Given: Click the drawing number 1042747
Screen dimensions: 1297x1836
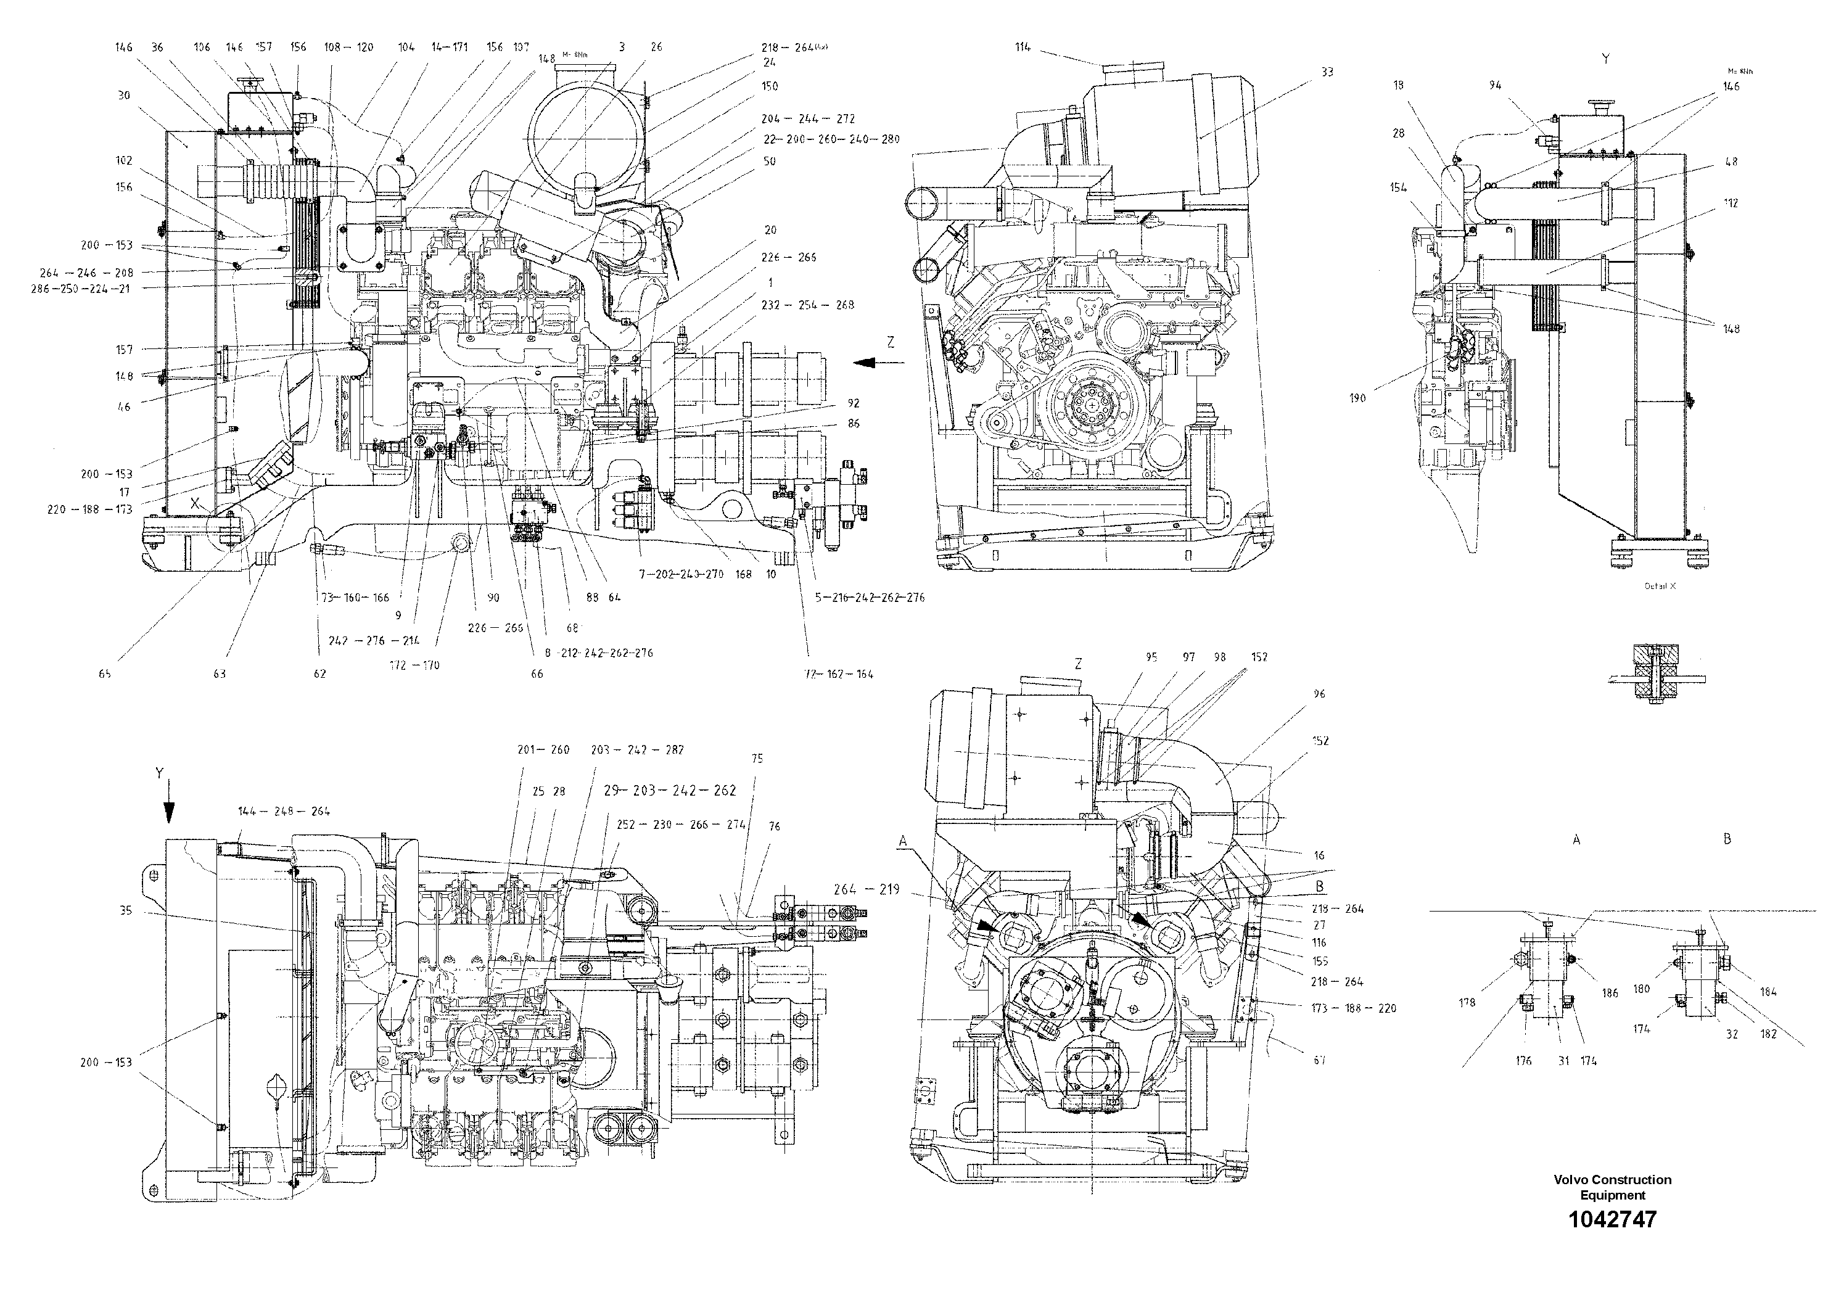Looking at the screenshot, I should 1612,1219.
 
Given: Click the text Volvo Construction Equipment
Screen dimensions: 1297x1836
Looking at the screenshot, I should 1612,1187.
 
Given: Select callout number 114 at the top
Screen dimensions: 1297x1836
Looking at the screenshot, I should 1023,47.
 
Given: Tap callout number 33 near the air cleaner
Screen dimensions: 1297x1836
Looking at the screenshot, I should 1327,72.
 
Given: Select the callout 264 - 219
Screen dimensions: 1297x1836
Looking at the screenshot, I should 866,889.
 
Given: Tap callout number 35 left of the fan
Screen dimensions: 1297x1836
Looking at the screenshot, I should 126,910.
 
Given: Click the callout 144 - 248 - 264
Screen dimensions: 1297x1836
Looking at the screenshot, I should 283,811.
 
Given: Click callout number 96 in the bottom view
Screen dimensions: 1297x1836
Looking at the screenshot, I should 1319,694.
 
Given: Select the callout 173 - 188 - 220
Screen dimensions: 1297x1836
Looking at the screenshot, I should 1354,1008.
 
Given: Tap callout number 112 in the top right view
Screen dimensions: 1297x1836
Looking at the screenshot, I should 1731,203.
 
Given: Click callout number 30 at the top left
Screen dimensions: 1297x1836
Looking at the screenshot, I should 123,95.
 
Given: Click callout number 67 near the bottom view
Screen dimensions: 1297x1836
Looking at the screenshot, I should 1319,1060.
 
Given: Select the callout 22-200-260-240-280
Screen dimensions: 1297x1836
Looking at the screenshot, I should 831,139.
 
